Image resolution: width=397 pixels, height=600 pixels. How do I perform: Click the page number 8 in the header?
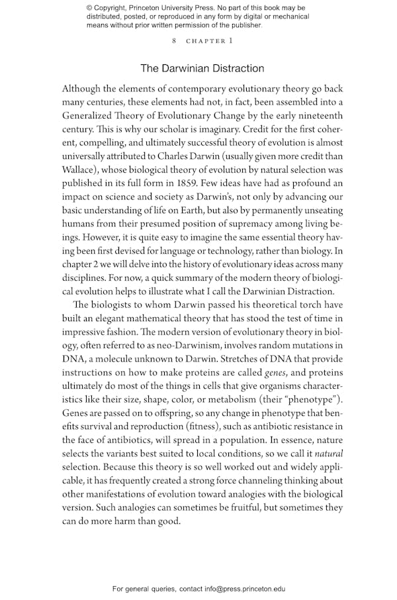174,41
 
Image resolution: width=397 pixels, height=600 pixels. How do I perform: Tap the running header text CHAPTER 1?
208,41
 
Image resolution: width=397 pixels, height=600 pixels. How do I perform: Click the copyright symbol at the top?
89,8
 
